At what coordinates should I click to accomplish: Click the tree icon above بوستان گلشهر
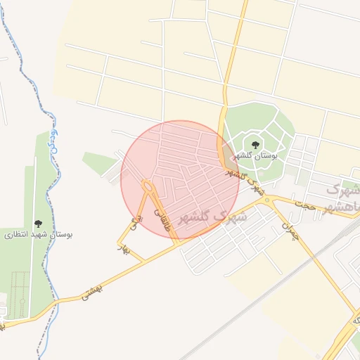[x=255, y=145]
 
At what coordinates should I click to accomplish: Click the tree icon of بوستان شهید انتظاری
[x=38, y=224]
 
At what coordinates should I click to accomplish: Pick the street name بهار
[x=126, y=244]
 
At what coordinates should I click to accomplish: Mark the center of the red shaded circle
[x=180, y=179]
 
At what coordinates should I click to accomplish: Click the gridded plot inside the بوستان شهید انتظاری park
[x=21, y=288]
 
